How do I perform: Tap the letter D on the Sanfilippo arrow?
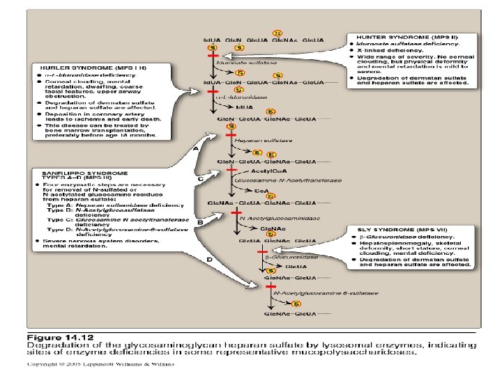click(208, 259)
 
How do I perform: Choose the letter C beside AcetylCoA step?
click(201, 178)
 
